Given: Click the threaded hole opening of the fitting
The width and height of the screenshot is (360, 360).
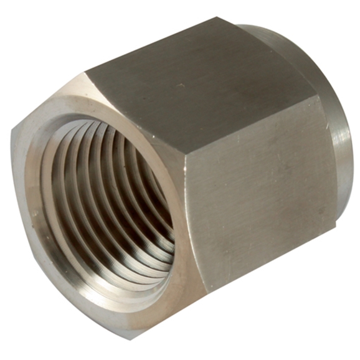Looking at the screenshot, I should click(x=109, y=199).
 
